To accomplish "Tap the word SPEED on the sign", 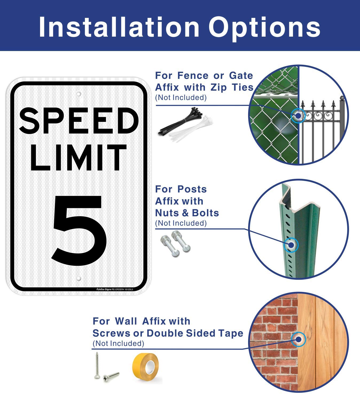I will tap(79, 121).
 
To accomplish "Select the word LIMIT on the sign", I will tap(79, 158).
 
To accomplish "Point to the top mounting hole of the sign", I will tap(79, 94).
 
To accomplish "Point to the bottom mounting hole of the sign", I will tap(79, 279).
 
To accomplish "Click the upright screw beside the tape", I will tap(97, 365).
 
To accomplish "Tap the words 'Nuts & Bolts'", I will tap(187, 213).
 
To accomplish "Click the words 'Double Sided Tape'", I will tap(195, 333).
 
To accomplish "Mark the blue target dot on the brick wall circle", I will tap(299, 339).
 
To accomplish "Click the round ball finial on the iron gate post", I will tap(342, 99).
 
